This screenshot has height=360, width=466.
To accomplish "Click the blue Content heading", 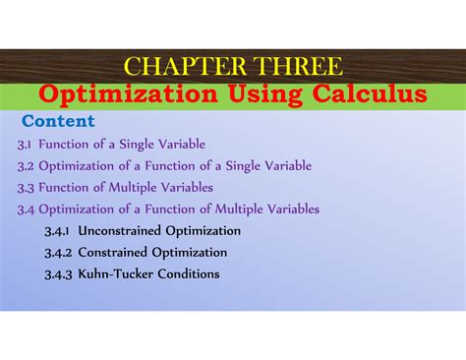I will click(x=58, y=121).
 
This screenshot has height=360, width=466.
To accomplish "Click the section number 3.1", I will click(x=25, y=145).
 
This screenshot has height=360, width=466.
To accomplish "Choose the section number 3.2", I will click(x=26, y=166).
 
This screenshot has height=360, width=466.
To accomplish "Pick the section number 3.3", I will click(x=26, y=188).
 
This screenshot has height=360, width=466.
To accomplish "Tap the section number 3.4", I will click(x=26, y=210).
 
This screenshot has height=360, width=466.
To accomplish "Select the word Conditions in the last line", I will click(x=187, y=274).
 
